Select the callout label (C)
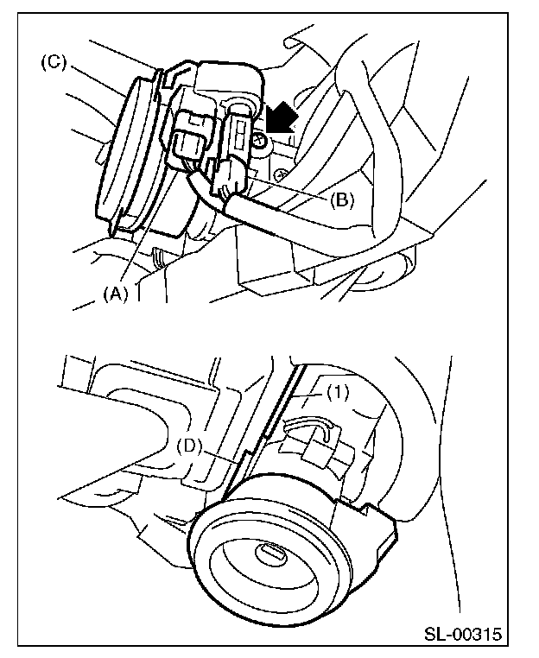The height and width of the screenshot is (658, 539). (x=54, y=63)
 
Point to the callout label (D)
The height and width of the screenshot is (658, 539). (x=189, y=446)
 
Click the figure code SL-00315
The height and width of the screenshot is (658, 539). (x=462, y=636)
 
